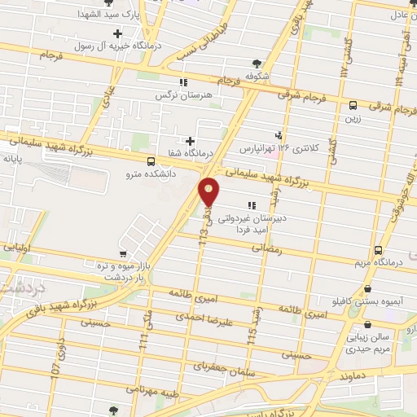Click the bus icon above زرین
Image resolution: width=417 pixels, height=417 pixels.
(353, 105)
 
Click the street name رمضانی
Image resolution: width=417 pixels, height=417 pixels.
(292, 250)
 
